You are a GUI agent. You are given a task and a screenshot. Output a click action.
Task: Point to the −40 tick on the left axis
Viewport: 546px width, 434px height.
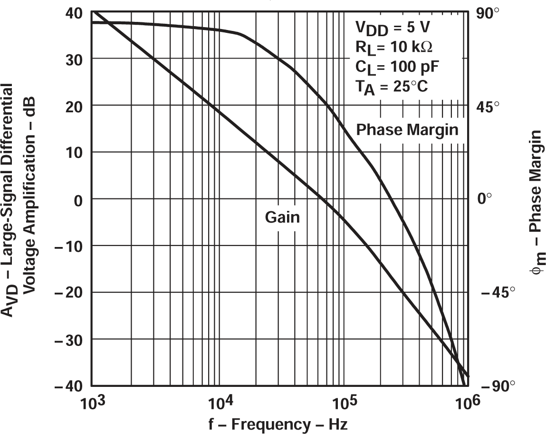tap(70, 385)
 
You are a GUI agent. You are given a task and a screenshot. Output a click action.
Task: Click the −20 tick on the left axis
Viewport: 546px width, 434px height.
tap(70, 292)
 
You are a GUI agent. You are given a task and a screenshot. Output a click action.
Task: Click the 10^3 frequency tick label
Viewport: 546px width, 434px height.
tap(93, 405)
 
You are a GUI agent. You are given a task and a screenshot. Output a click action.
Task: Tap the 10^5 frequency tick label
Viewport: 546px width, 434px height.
tap(344, 405)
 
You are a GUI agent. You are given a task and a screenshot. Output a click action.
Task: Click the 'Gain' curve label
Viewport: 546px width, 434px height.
tap(282, 217)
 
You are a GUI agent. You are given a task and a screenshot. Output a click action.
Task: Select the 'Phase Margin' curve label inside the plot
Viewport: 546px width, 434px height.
tap(407, 129)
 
